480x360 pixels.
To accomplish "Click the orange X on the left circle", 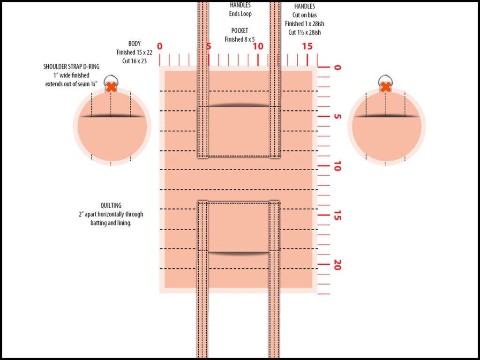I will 111,87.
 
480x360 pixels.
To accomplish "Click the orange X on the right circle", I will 385,87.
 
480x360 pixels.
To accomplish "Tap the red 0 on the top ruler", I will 160,46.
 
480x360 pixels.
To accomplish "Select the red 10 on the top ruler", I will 258,46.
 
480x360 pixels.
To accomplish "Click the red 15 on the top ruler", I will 307,46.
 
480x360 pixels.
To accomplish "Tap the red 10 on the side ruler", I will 337,166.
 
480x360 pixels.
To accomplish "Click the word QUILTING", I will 111,205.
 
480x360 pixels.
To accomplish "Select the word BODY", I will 135,43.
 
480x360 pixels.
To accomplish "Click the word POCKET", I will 240,31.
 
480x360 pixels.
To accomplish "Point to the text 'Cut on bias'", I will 305,15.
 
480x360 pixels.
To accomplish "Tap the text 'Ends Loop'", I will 240,14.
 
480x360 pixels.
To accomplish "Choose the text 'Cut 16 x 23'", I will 135,60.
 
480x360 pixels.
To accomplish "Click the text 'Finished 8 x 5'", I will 240,39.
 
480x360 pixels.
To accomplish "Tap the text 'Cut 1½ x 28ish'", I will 305,32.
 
